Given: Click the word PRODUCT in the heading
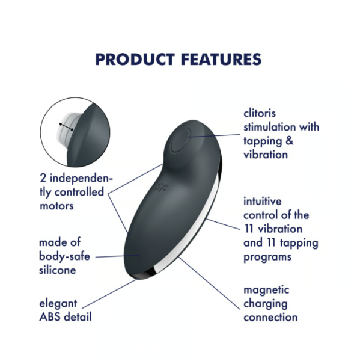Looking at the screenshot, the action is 135,60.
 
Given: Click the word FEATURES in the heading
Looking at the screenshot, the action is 221,60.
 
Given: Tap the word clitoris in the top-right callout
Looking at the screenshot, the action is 260,113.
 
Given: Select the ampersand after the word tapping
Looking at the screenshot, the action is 290,141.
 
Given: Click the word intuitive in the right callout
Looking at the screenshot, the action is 263,201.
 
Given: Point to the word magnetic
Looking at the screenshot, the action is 266,291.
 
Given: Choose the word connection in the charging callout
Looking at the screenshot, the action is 270,318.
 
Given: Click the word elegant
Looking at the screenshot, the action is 58,304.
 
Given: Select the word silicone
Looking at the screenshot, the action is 58,270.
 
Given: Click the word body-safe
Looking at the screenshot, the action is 64,256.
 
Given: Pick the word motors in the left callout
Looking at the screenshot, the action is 57,206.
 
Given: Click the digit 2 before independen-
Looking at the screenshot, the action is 43,178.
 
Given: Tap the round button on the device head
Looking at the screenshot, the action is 180,140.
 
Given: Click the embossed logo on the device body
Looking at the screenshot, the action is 162,187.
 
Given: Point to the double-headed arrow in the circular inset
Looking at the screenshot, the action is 66,127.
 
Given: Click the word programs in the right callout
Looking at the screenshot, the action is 267,257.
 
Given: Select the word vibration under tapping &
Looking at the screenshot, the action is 266,155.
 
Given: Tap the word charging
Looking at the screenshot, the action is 266,304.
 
